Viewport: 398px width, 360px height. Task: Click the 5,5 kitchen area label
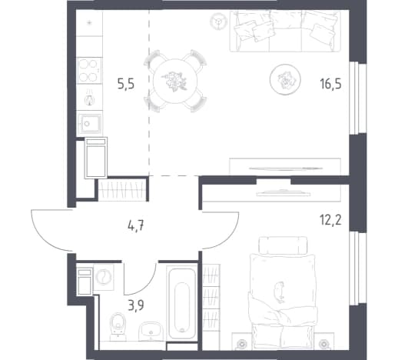pos(126,84)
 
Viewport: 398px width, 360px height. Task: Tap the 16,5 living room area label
pos(330,84)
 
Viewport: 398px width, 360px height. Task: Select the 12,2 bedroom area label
pos(330,220)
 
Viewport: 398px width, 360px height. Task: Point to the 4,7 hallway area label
pos(136,226)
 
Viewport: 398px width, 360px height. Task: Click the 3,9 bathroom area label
pos(136,305)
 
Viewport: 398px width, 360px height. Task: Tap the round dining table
pos(175,81)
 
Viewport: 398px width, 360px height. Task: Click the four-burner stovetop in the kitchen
pos(88,70)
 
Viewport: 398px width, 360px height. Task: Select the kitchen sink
pos(89,124)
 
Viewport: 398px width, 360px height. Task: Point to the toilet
pos(118,324)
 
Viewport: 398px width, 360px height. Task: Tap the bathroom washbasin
pos(151,332)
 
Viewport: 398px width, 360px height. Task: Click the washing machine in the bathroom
pos(104,277)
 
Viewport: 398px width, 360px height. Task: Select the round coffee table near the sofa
pos(285,79)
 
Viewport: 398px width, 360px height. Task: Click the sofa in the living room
pos(285,31)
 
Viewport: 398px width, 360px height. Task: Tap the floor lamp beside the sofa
pos(218,21)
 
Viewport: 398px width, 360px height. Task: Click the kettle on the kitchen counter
pos(89,98)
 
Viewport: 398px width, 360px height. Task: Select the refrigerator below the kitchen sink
pos(96,158)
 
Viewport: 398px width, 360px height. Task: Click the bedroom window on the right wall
pos(358,268)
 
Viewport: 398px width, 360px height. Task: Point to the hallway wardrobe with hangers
pos(122,190)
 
